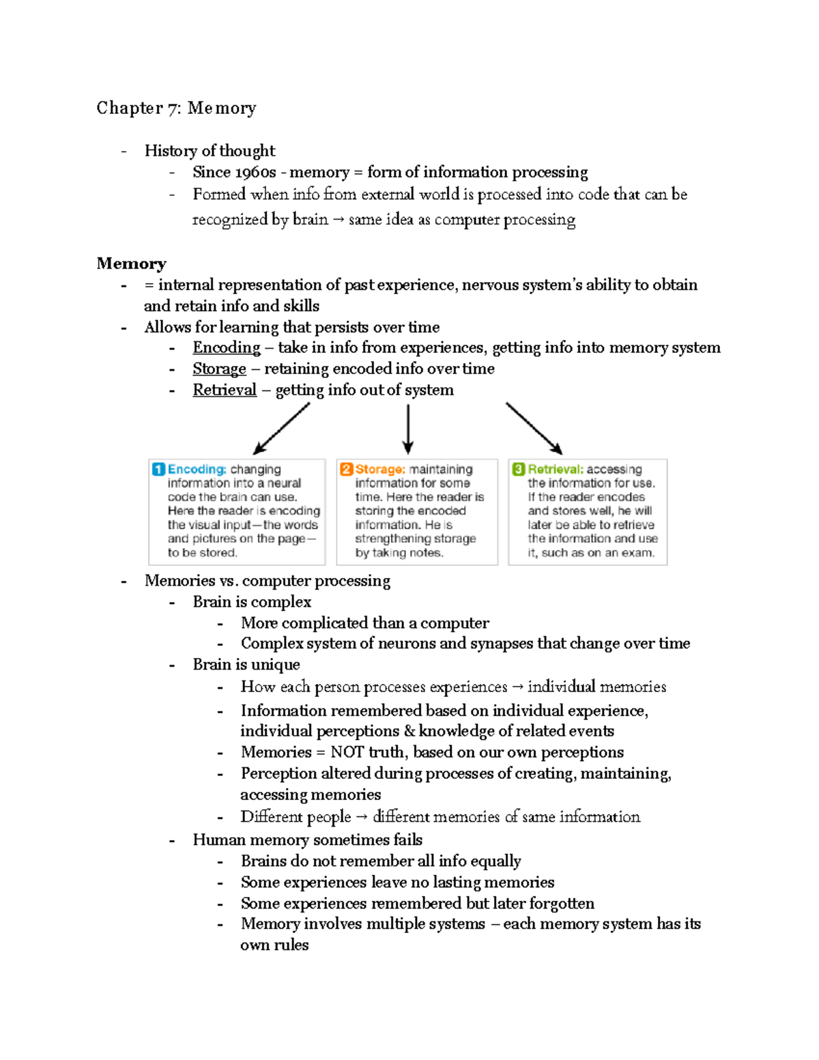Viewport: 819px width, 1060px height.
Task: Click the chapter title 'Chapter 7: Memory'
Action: point(176,108)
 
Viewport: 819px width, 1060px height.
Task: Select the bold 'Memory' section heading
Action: point(131,263)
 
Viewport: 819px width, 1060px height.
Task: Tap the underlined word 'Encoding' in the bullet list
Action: point(226,347)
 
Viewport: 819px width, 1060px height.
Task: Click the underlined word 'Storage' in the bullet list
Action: point(219,369)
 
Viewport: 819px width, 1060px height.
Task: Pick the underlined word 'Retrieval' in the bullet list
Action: point(225,390)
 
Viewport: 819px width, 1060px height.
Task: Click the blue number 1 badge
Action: point(158,470)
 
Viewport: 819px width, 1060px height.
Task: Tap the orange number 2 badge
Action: point(346,470)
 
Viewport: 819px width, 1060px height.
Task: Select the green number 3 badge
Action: point(519,470)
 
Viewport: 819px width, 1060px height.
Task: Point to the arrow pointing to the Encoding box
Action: point(281,429)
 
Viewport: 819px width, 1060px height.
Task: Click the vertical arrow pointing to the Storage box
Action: point(408,429)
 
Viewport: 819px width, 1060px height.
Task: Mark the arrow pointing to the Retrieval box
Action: point(534,428)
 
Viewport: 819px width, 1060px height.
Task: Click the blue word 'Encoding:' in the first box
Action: point(197,470)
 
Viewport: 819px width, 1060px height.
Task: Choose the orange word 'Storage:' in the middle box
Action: point(380,470)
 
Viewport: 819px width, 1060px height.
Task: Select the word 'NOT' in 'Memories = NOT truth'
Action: point(347,752)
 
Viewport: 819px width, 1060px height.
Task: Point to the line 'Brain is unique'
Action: point(246,665)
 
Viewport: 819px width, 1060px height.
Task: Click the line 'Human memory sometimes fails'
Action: point(307,840)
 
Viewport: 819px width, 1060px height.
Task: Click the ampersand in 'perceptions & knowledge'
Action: point(409,731)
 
